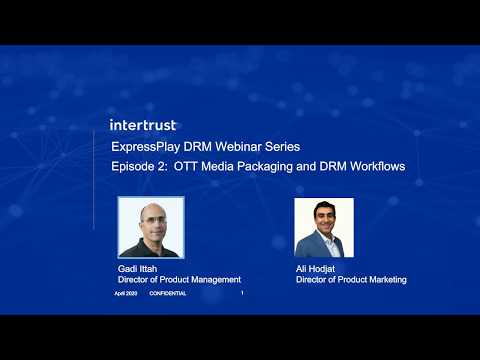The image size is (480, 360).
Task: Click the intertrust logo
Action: tap(142, 125)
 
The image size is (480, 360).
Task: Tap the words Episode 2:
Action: tap(139, 166)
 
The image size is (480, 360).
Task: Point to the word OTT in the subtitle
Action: tap(187, 166)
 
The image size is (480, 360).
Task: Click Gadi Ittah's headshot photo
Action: tap(148, 227)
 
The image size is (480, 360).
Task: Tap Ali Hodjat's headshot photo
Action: tap(323, 227)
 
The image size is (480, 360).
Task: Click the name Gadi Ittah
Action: tap(137, 270)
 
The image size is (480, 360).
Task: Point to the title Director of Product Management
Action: tap(179, 280)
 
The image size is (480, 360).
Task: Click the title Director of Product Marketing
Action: tap(351, 280)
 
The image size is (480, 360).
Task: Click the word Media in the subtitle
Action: tap(220, 166)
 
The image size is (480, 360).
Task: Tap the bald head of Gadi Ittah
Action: tap(150, 208)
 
